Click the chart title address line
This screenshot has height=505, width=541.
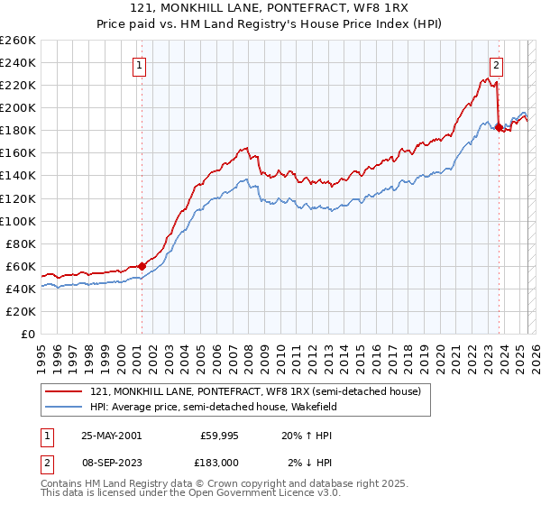(x=270, y=8)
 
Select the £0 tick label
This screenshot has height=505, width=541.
(x=27, y=334)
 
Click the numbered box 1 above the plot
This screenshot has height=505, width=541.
(x=142, y=64)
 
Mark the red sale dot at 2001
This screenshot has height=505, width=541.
(x=142, y=266)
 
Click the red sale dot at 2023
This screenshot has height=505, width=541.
(x=499, y=127)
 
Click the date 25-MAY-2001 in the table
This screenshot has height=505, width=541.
(x=110, y=435)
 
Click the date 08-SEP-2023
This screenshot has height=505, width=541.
(x=110, y=462)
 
